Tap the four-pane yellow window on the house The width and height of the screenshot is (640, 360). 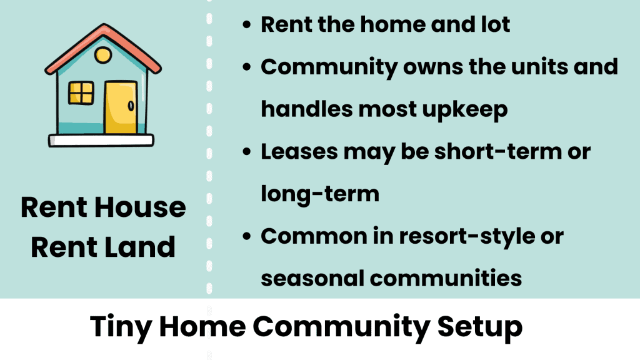tap(81, 93)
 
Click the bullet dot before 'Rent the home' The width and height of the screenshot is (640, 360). tap(247, 26)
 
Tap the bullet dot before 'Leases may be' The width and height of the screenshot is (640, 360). tap(247, 152)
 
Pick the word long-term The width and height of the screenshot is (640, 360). tap(319, 194)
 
